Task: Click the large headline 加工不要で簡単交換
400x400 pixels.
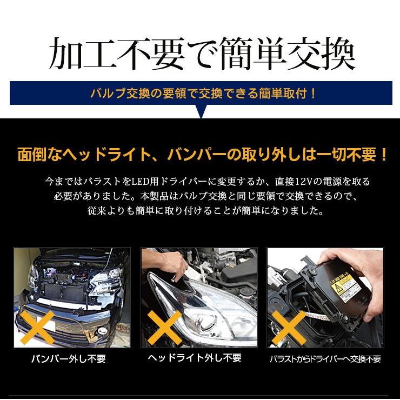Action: point(202,54)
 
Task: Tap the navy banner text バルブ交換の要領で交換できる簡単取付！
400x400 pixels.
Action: point(203,94)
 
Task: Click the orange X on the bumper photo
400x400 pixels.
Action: point(37,328)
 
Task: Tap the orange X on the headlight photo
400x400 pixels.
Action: point(164,328)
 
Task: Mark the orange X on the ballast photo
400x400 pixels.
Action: point(289,328)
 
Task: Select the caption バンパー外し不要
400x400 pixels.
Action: point(68,359)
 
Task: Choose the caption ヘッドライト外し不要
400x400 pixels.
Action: point(195,358)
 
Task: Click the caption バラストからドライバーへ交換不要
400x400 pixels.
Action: point(325,359)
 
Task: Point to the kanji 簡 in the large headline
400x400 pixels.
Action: point(237,54)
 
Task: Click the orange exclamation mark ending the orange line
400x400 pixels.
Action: point(383,155)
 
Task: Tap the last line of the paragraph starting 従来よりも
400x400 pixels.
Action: point(205,211)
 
